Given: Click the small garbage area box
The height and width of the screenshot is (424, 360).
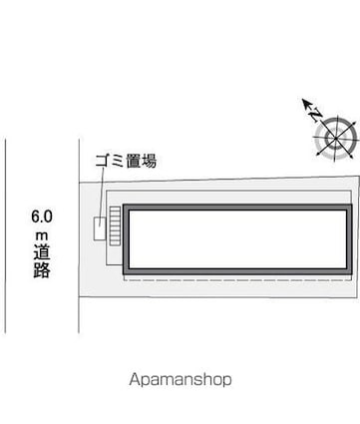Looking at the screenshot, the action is [x=99, y=227].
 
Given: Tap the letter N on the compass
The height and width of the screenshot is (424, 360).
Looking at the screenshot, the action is [x=316, y=117].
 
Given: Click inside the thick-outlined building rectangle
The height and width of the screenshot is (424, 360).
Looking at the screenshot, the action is [x=237, y=240].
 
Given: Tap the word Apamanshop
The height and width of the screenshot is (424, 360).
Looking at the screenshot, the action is [x=180, y=379].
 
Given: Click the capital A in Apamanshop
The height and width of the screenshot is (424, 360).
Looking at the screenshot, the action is [x=135, y=379].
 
